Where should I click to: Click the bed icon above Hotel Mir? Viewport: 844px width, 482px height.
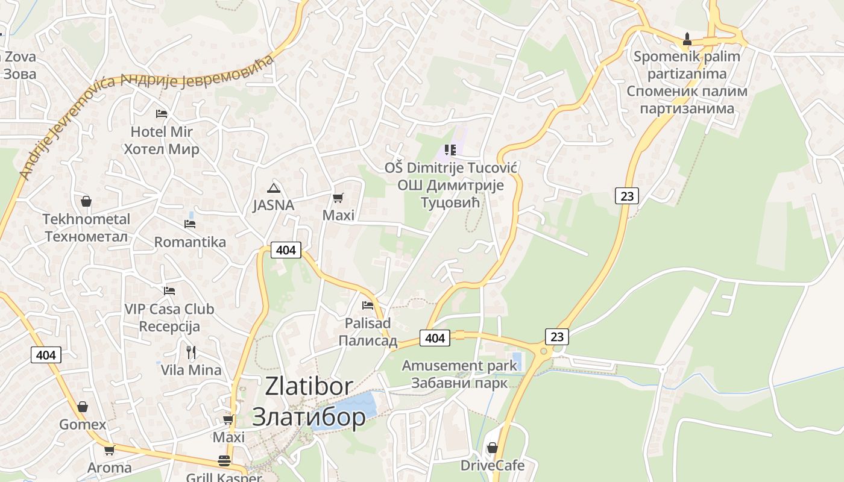tap(161, 113)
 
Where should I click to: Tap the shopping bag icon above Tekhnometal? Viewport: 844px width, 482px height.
tap(86, 201)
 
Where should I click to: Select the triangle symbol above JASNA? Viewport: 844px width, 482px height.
tap(274, 187)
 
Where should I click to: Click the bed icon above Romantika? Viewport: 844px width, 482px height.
tap(190, 224)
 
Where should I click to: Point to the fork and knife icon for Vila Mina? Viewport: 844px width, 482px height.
tap(191, 352)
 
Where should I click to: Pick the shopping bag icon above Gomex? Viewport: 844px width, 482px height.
tap(82, 407)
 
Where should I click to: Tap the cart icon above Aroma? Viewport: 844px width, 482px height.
tap(109, 450)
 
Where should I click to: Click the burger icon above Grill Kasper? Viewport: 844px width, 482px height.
tap(224, 461)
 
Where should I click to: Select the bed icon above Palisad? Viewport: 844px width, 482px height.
tap(368, 305)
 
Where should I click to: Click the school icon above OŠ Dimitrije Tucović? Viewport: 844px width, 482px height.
tap(450, 149)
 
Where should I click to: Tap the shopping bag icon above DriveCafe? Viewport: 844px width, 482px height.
tap(492, 448)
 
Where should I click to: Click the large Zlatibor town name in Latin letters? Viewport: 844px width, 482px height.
tap(309, 386)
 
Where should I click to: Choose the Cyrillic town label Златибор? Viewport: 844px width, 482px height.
tap(308, 416)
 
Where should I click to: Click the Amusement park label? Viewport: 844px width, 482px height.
tap(459, 366)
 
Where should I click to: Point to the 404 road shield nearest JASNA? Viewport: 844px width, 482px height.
tap(286, 249)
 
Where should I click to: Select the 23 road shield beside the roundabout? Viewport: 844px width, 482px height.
tap(557, 336)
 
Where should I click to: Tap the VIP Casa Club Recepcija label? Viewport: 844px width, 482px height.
tap(169, 318)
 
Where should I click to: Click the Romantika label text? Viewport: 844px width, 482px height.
tap(190, 242)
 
